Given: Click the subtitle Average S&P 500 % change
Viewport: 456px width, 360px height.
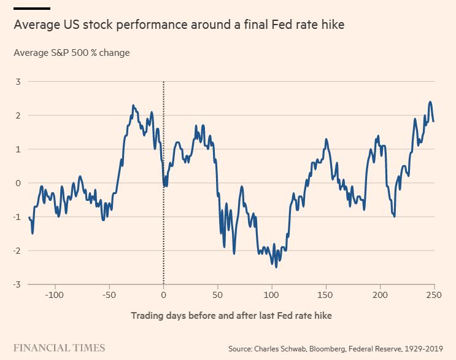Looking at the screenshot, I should coord(72,52).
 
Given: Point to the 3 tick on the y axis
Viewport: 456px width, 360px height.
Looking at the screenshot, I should coord(17,82).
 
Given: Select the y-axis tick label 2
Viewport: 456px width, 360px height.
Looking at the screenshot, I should coord(17,115).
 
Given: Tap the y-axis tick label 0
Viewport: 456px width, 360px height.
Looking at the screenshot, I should coord(17,183).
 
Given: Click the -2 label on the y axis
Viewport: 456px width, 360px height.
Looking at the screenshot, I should coord(16,251).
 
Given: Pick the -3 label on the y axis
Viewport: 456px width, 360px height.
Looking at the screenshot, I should coord(16,284).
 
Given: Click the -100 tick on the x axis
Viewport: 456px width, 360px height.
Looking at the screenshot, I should coord(55,295).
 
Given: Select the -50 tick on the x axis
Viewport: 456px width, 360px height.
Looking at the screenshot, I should coord(109,295).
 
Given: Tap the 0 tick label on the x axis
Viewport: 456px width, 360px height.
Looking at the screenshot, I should coord(164,295).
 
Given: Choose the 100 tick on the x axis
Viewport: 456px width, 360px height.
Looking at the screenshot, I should coord(272,295).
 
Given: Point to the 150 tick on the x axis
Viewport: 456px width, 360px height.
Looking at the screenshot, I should coord(326,295).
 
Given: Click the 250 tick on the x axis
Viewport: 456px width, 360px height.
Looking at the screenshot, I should coord(434,295).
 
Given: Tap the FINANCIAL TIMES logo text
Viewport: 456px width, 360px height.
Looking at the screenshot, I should coord(59,348).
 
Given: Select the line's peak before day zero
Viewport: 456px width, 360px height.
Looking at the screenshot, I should coord(133,106).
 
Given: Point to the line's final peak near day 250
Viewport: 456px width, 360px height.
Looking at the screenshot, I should coord(430,102).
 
